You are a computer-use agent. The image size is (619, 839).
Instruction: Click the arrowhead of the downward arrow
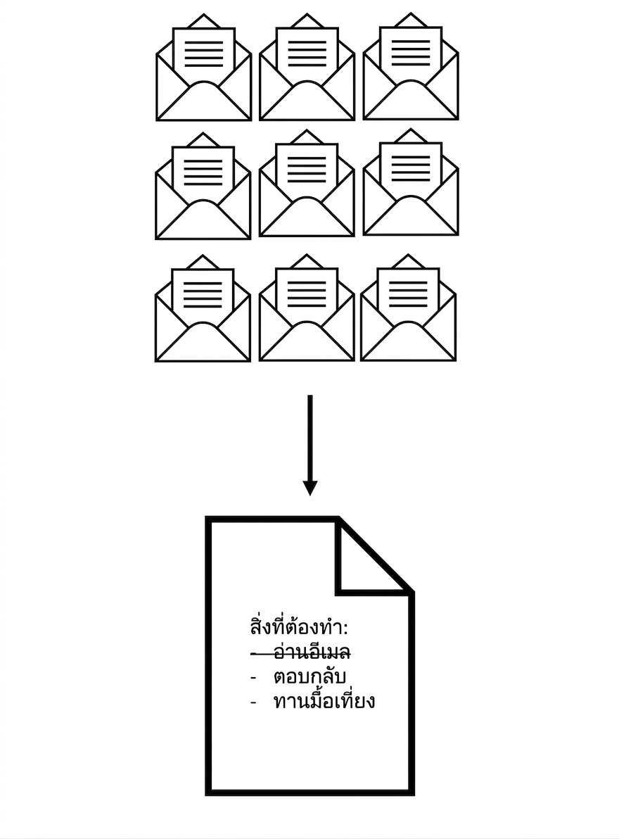pyautogui.click(x=310, y=488)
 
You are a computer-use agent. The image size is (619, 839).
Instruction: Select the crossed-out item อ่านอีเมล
pyautogui.click(x=312, y=652)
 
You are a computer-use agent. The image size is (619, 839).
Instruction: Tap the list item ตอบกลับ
pyautogui.click(x=309, y=676)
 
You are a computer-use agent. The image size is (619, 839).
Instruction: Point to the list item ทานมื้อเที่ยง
pyautogui.click(x=324, y=700)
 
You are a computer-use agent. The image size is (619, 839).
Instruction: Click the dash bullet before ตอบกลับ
pyautogui.click(x=253, y=678)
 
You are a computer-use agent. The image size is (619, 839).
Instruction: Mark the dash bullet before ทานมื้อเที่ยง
pyautogui.click(x=253, y=702)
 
